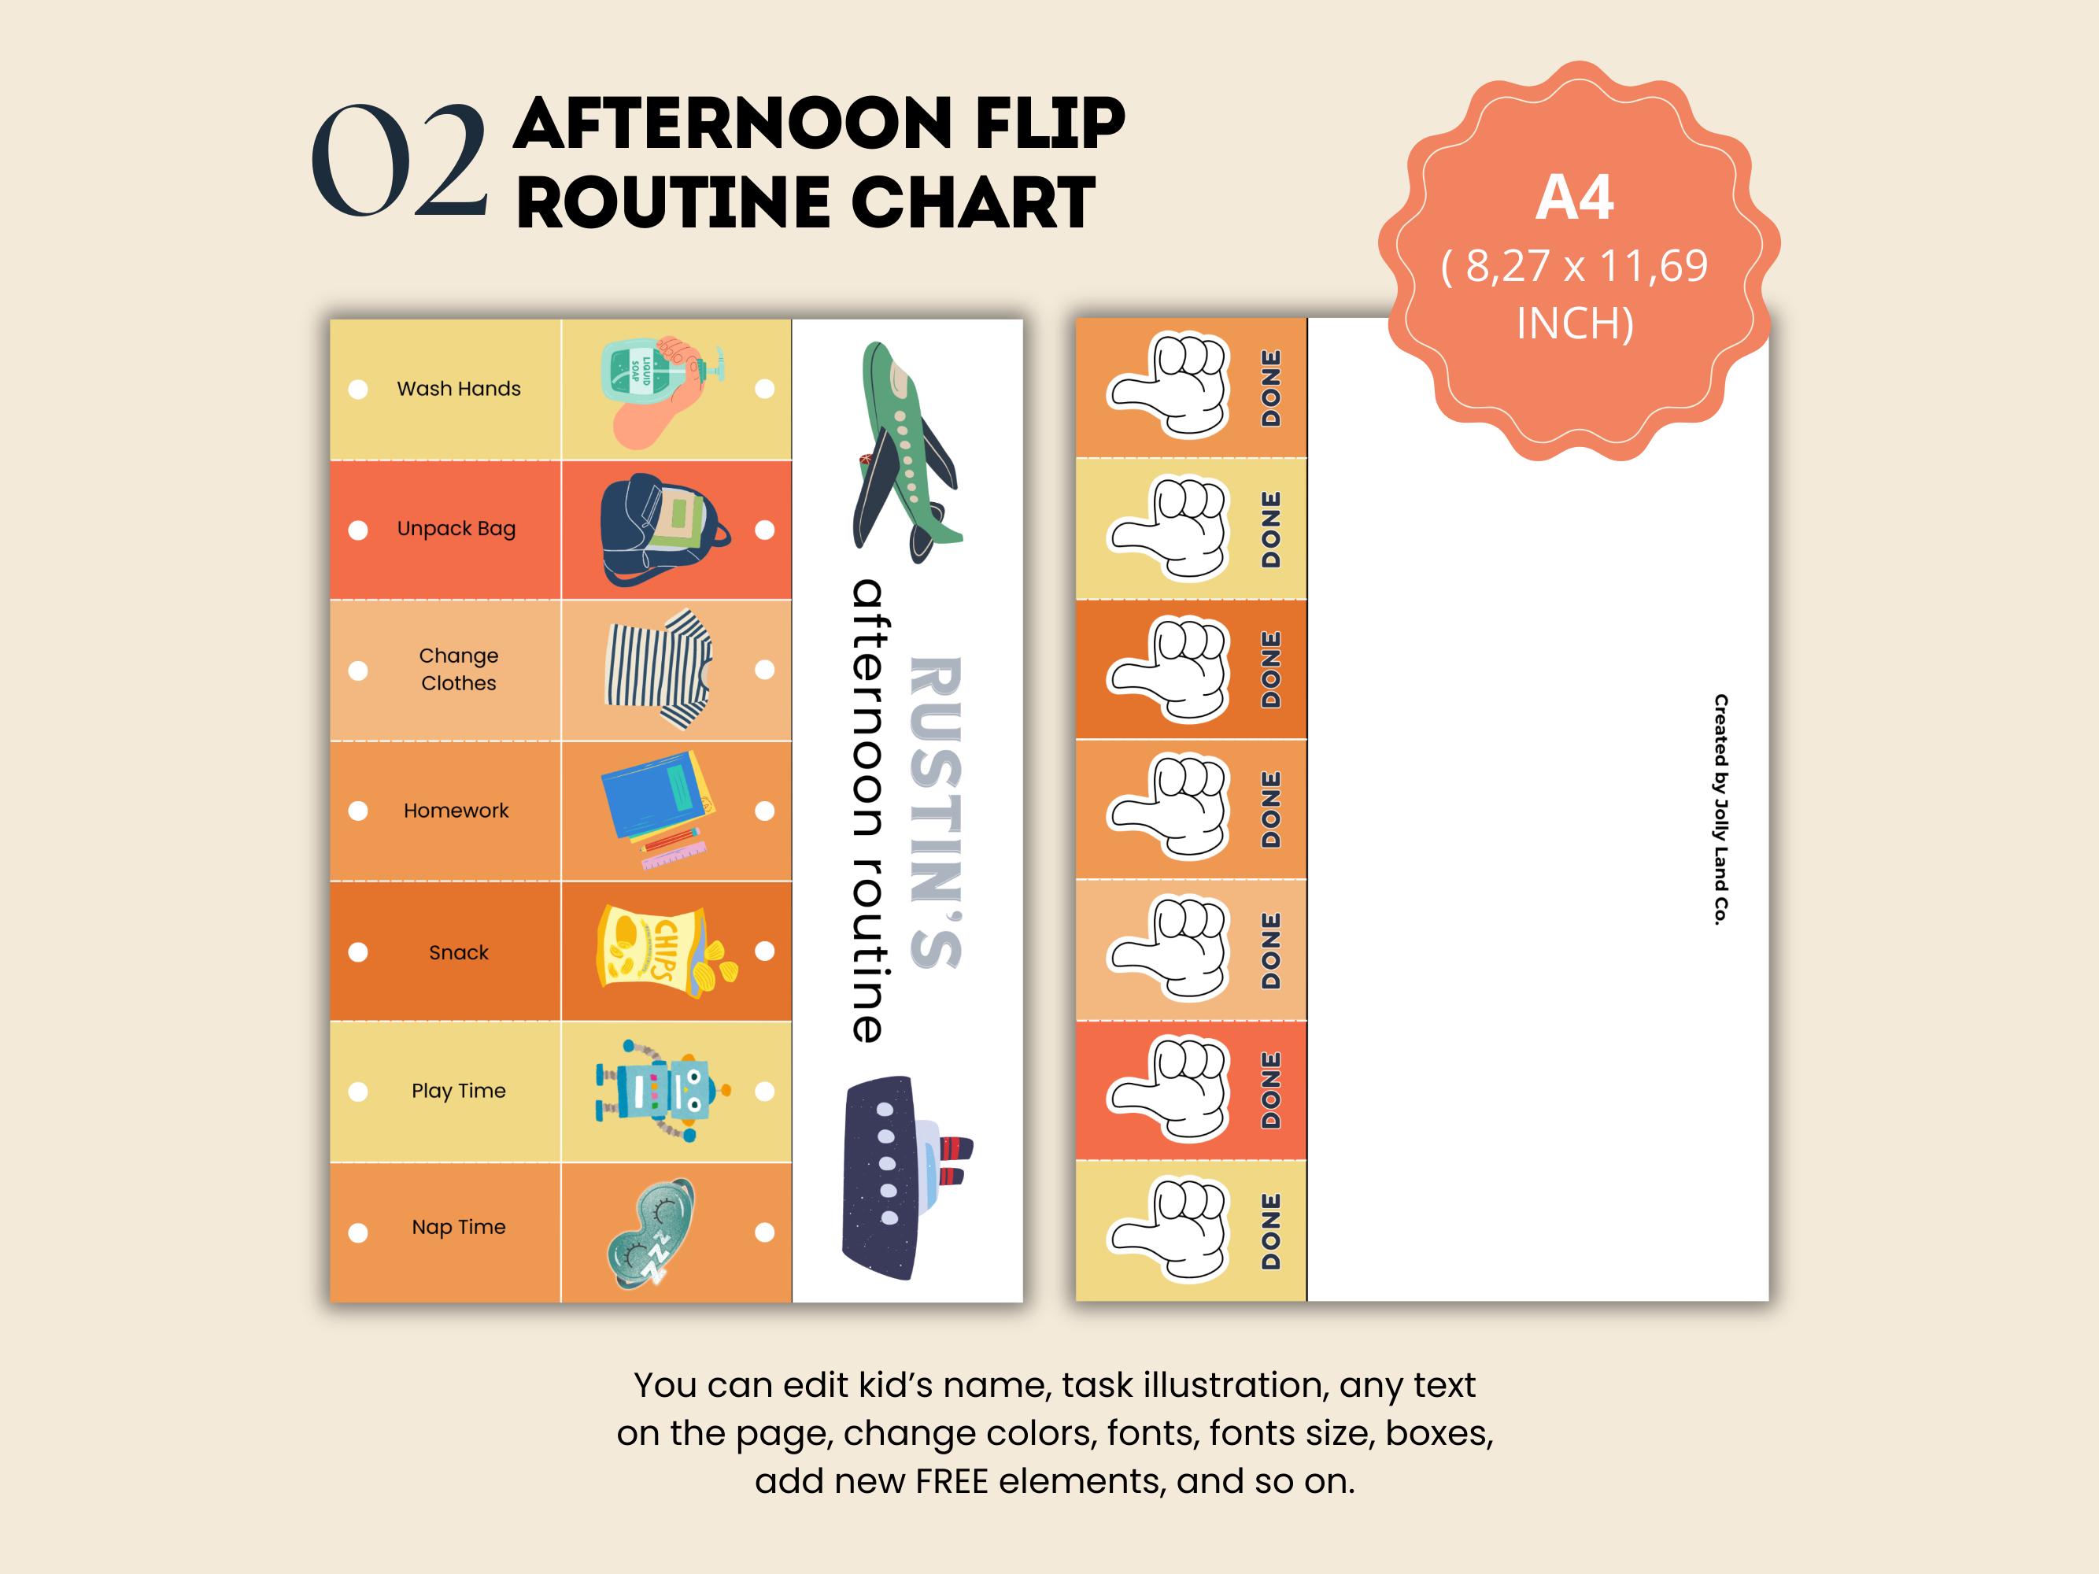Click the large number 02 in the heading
tap(400, 161)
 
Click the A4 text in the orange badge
tap(1574, 198)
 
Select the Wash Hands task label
tap(458, 389)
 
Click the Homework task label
tap(456, 811)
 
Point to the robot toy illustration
tap(661, 1091)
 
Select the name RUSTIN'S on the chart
tap(936, 812)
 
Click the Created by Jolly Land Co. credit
tap(1720, 809)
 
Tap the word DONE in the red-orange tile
tap(1270, 1089)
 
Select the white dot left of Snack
tap(358, 951)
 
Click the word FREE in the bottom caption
tap(952, 1481)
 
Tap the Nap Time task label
tap(458, 1227)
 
